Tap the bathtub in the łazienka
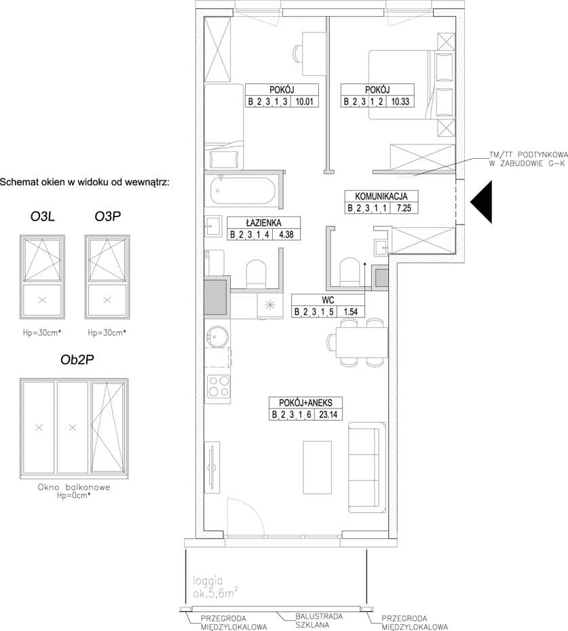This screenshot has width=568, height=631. (244, 191)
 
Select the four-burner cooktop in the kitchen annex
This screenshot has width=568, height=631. (219, 386)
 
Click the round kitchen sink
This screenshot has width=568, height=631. (218, 336)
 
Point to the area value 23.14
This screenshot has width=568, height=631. (328, 415)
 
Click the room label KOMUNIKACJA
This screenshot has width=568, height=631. (381, 196)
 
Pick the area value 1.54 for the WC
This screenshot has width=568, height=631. (350, 311)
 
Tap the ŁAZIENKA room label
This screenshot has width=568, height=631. (264, 223)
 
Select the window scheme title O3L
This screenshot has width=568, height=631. (42, 216)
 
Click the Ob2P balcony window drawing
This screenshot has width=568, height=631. (74, 428)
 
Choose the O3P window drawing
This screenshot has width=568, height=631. (107, 277)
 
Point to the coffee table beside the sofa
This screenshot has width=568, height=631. (317, 467)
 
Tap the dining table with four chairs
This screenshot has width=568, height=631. (362, 342)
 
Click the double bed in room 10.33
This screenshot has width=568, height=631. (411, 85)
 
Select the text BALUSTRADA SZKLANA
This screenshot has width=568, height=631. (319, 621)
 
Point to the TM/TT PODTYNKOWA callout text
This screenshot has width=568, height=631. (528, 159)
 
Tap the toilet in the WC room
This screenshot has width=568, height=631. (348, 271)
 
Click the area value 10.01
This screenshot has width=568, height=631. (304, 101)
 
